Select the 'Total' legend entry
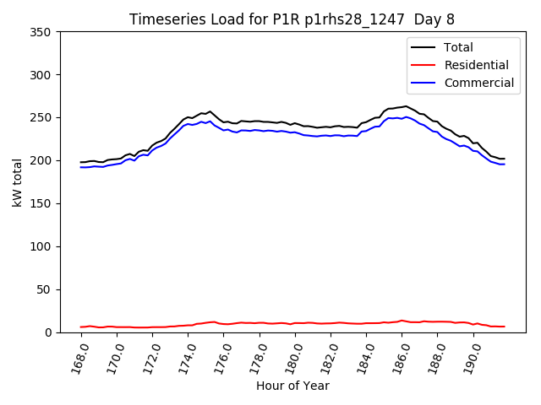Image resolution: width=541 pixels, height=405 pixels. [x=458, y=47]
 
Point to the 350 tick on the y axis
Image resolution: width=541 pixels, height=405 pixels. [x=43, y=32]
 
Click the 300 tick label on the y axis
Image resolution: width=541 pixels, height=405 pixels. [x=43, y=75]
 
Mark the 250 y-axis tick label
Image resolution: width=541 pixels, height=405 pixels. [x=43, y=118]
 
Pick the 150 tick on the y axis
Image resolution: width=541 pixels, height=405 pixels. [x=43, y=203]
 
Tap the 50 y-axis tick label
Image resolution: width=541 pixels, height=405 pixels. [x=46, y=289]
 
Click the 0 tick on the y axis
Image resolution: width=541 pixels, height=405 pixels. [x=50, y=332]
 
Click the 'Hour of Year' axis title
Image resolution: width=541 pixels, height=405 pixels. [x=292, y=386]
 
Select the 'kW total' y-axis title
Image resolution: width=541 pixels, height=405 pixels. [x=17, y=182]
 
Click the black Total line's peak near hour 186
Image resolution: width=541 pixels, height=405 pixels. [x=406, y=106]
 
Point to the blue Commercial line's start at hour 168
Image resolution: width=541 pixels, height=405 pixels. [x=81, y=167]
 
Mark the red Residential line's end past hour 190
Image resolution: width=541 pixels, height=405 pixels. [x=504, y=327]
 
